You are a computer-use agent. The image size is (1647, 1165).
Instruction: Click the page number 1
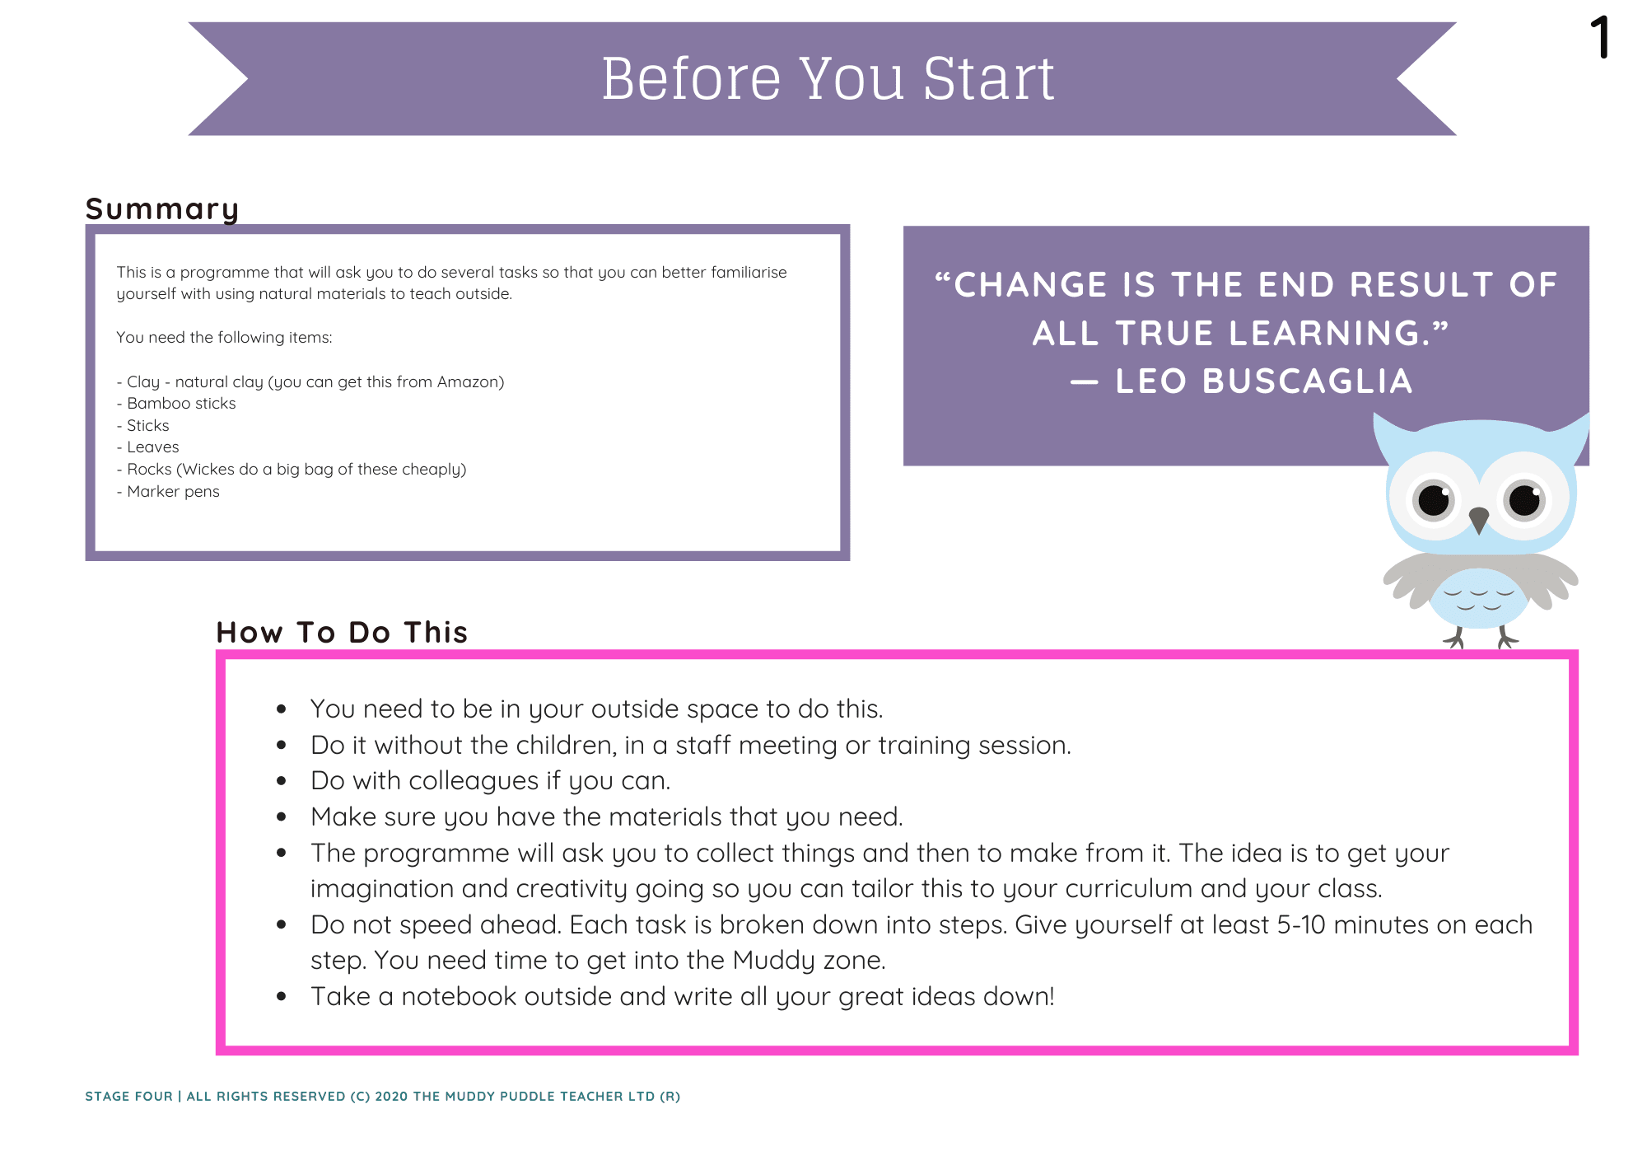pyautogui.click(x=1601, y=38)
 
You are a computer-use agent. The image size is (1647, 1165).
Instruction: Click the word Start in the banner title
pyautogui.click(x=988, y=79)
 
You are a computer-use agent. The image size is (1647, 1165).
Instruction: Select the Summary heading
pyautogui.click(x=162, y=209)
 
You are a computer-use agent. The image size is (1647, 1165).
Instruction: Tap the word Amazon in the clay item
pyautogui.click(x=468, y=381)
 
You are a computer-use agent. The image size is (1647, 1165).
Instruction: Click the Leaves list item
pyautogui.click(x=148, y=447)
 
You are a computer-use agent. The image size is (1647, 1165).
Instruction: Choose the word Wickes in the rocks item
pyautogui.click(x=208, y=470)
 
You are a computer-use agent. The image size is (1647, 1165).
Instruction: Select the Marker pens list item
pyautogui.click(x=168, y=492)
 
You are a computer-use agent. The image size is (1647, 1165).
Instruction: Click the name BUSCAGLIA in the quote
pyautogui.click(x=1307, y=381)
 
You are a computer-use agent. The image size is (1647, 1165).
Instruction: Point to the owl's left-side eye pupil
pyautogui.click(x=1435, y=500)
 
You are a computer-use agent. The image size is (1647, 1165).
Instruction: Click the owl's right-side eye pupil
pyautogui.click(x=1524, y=500)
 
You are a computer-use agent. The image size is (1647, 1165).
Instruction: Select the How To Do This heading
pyautogui.click(x=342, y=633)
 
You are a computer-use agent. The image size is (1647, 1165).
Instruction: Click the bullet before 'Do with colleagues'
pyautogui.click(x=282, y=781)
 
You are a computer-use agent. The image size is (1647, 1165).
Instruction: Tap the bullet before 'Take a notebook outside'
pyautogui.click(x=282, y=997)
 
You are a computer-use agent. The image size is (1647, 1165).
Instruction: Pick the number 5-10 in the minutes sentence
pyautogui.click(x=1301, y=925)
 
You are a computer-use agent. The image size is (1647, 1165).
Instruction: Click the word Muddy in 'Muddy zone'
pyautogui.click(x=774, y=961)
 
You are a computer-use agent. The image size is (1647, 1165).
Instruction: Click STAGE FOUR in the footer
pyautogui.click(x=128, y=1097)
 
